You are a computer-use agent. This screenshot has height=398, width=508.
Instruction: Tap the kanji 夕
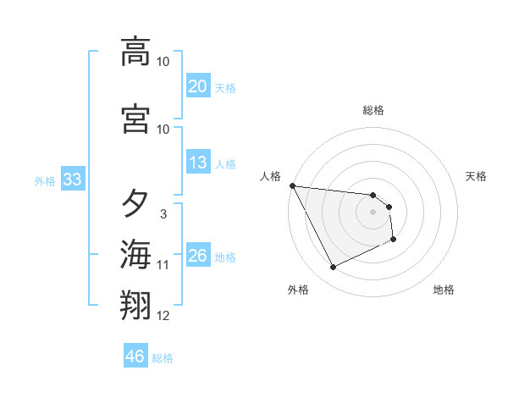[135, 204]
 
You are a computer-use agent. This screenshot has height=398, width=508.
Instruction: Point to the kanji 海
[135, 254]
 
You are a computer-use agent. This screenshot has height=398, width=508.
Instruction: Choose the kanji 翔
[135, 304]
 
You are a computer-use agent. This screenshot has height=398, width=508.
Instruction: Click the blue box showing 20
[198, 86]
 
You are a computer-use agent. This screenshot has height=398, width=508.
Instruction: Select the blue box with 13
[198, 163]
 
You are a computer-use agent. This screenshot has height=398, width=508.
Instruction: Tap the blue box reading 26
[198, 256]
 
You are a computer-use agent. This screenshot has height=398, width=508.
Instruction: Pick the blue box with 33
[71, 180]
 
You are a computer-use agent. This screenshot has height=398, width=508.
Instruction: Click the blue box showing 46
[135, 357]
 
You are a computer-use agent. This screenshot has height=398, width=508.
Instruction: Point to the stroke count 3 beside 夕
[163, 214]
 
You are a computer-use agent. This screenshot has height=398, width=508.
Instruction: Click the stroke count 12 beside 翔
[163, 316]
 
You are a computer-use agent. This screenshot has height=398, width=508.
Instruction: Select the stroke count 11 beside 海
[163, 265]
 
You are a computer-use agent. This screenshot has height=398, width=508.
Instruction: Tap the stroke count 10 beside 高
[163, 62]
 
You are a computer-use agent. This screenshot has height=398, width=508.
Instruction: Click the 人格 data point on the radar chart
[292, 185]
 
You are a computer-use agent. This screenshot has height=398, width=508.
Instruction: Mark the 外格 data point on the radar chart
[333, 268]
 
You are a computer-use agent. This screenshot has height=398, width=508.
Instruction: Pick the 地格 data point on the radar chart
[394, 240]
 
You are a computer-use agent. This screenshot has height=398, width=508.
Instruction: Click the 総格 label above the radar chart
[373, 110]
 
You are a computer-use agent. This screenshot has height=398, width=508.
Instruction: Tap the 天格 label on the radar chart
[477, 176]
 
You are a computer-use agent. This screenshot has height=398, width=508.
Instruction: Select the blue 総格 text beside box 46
[163, 358]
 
